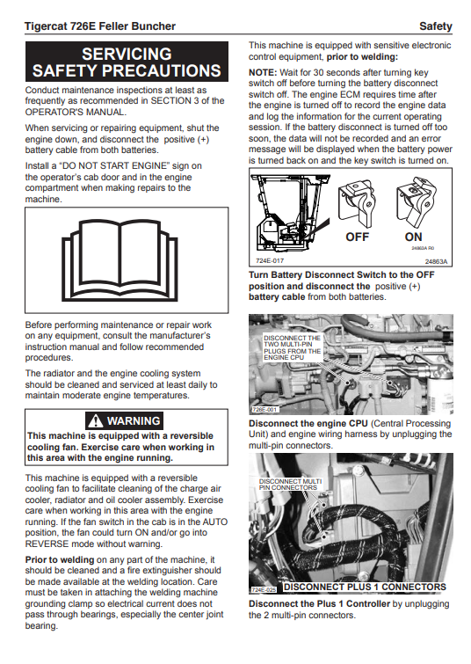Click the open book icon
(120, 260)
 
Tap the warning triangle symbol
(96, 421)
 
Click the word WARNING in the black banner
(134, 421)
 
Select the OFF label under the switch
(357, 237)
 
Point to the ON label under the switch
(414, 237)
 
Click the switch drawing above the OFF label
(357, 203)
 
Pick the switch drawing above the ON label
(417, 202)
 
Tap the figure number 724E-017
(270, 261)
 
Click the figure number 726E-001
(264, 410)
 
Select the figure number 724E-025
(264, 589)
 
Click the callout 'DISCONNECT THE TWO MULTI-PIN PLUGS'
(292, 347)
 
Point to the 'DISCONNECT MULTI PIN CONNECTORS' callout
(290, 485)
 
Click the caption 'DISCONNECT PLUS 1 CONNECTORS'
(365, 587)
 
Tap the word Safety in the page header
(436, 26)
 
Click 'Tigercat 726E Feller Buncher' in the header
(100, 26)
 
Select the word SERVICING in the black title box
(127, 55)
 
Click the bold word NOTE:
(263, 72)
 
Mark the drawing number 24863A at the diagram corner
(436, 262)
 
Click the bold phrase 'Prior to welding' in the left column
(59, 559)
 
